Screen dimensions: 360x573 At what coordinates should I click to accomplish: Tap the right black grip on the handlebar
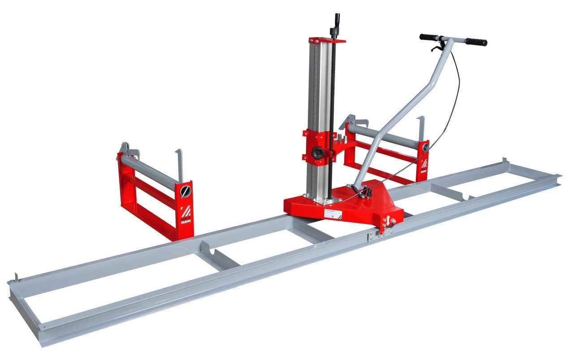[476, 42]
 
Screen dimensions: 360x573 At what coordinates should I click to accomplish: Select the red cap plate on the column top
[327, 40]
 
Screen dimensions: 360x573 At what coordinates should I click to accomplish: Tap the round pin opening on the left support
[184, 192]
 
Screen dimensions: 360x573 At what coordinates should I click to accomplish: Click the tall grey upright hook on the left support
[179, 163]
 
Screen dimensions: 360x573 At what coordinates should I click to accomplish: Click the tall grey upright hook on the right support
[421, 128]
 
